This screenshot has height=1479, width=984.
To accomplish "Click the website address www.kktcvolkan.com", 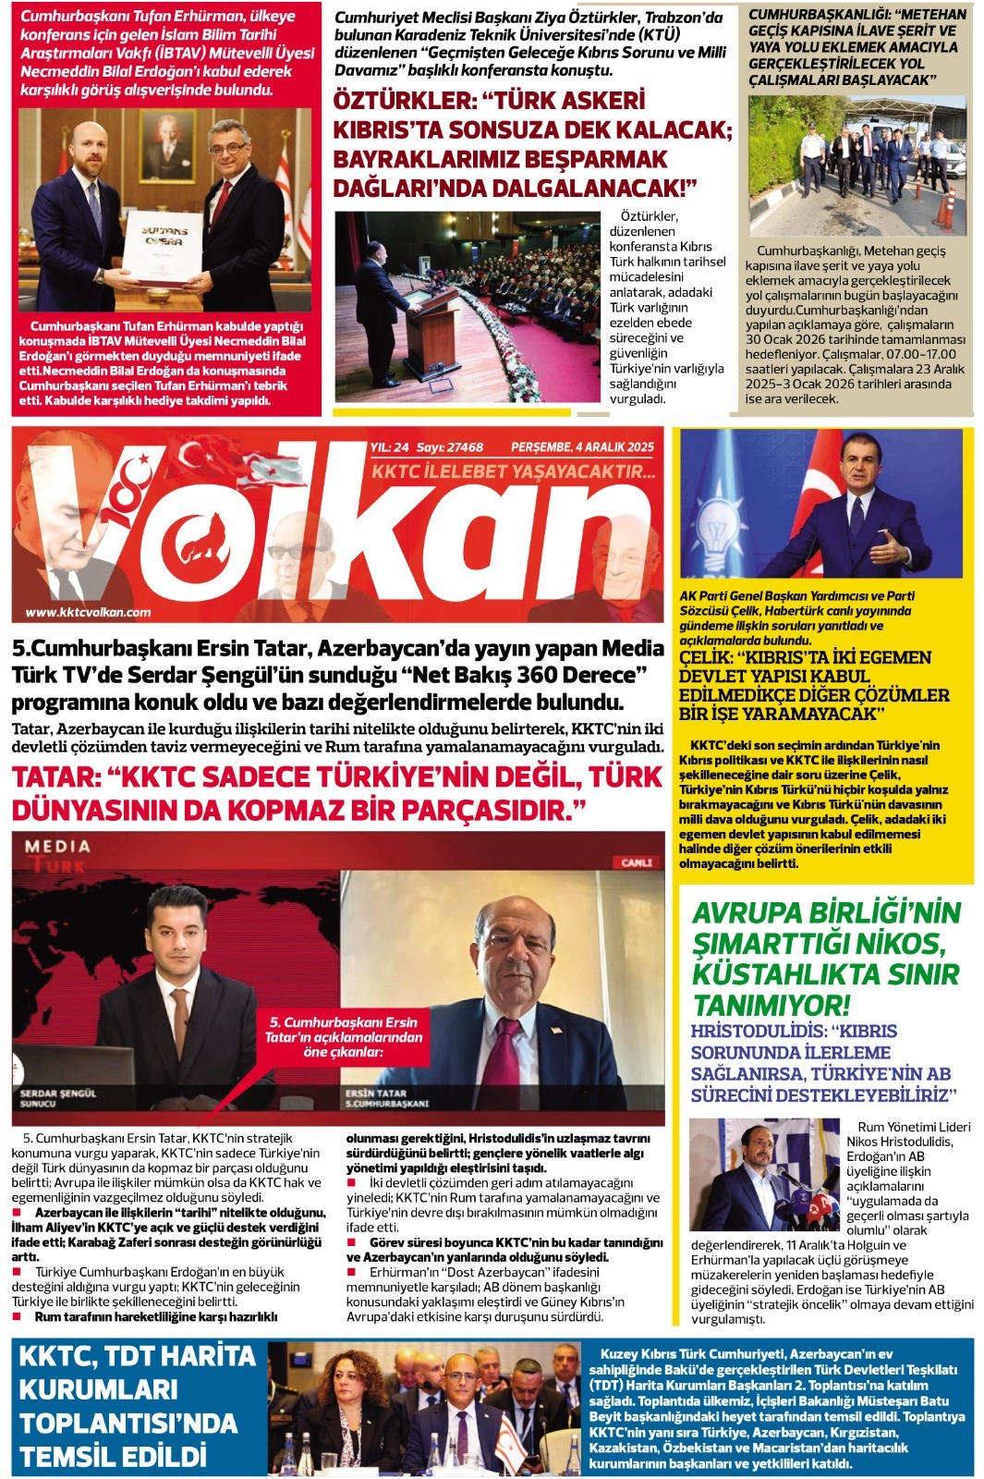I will pyautogui.click(x=88, y=612).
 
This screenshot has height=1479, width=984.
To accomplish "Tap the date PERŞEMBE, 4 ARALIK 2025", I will pyautogui.click(x=582, y=447).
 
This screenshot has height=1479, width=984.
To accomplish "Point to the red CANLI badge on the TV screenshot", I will pyautogui.click(x=637, y=862).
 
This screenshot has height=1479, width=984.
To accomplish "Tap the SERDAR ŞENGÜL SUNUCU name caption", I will pyautogui.click(x=57, y=1098).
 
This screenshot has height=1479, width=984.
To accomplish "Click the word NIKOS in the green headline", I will pyautogui.click(x=893, y=943).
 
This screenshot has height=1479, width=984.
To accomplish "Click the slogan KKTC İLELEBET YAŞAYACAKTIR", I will pyautogui.click(x=513, y=472).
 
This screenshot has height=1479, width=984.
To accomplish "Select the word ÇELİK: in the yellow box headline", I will pyautogui.click(x=713, y=657).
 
